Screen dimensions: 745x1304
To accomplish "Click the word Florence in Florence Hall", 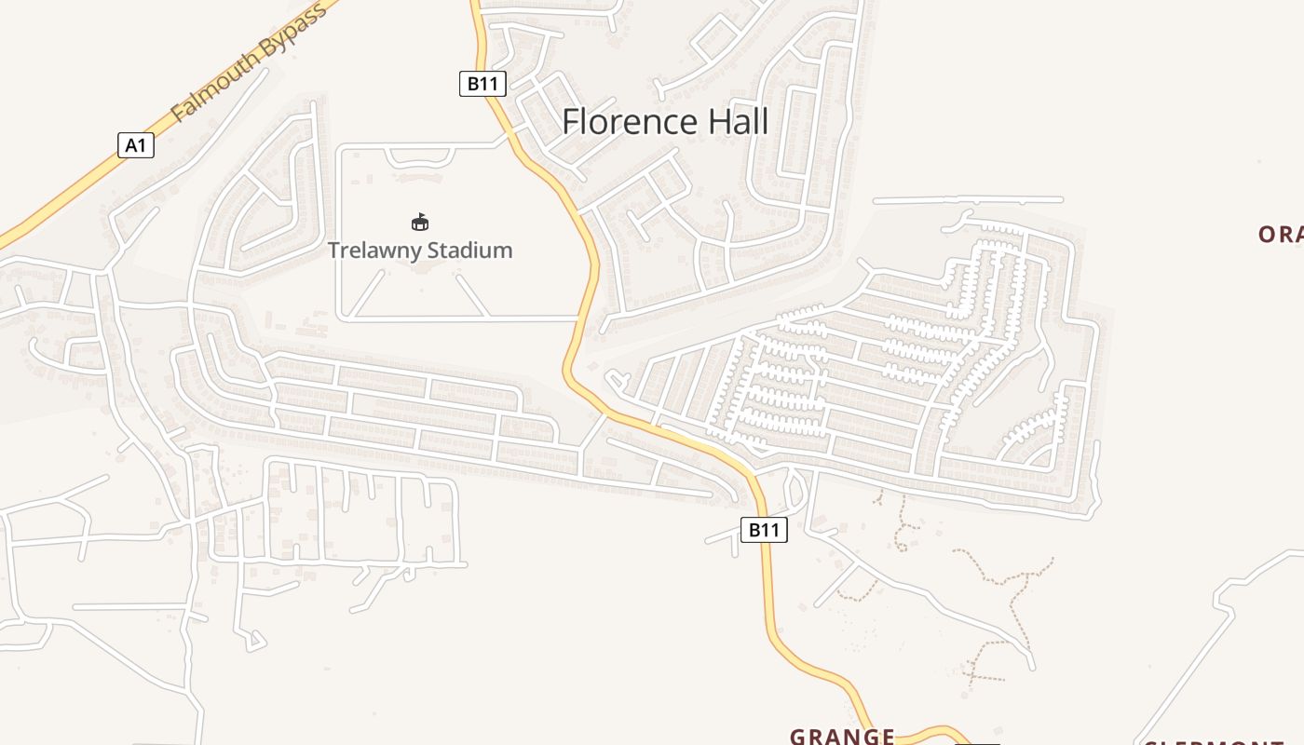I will click(x=631, y=122).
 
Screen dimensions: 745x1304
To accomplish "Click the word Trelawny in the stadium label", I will click(x=372, y=251).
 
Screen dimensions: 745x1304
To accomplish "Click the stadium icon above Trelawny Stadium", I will click(x=420, y=222).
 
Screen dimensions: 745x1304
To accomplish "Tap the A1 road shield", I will click(x=136, y=145).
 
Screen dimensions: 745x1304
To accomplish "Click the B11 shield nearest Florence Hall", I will click(x=482, y=84).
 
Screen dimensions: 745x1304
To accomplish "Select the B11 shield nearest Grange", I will click(x=764, y=530).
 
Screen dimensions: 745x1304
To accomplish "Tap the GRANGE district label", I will click(x=842, y=737).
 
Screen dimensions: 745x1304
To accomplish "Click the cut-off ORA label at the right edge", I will click(x=1280, y=235).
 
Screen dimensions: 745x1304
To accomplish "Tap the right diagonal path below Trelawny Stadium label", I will click(x=471, y=295).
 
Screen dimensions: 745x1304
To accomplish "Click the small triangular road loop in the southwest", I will click(x=254, y=640).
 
